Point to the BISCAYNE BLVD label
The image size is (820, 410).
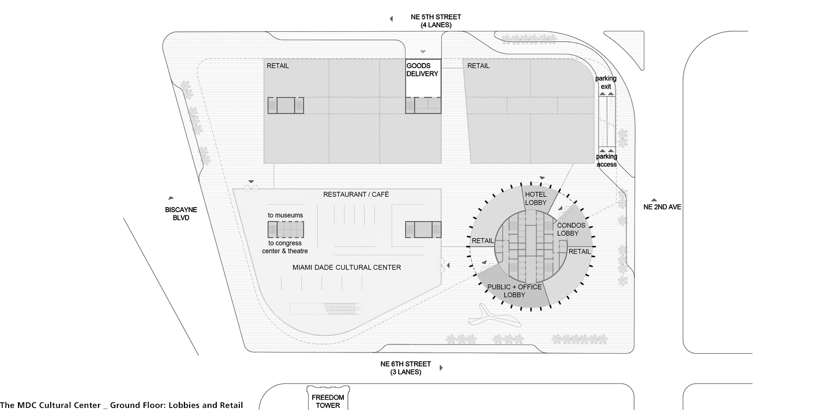pyautogui.click(x=181, y=214)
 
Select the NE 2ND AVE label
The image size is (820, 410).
pyautogui.click(x=662, y=207)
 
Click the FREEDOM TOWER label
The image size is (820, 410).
pyautogui.click(x=327, y=401)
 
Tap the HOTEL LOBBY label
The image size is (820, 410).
pyautogui.click(x=536, y=198)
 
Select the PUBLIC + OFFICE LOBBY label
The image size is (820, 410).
pyautogui.click(x=515, y=291)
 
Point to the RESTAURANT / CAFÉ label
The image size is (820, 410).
pyautogui.click(x=356, y=194)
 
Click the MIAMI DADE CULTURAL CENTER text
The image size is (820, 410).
pyautogui.click(x=346, y=267)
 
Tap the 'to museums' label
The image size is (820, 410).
pyautogui.click(x=285, y=215)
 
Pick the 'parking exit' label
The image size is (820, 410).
pyautogui.click(x=606, y=83)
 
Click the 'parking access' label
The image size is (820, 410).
pyautogui.click(x=607, y=160)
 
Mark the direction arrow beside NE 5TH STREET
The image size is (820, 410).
pyautogui.click(x=392, y=18)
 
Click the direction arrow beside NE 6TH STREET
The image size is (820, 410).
pyautogui.click(x=441, y=367)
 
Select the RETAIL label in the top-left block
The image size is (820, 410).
pyautogui.click(x=277, y=66)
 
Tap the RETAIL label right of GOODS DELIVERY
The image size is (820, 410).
pyautogui.click(x=478, y=66)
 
